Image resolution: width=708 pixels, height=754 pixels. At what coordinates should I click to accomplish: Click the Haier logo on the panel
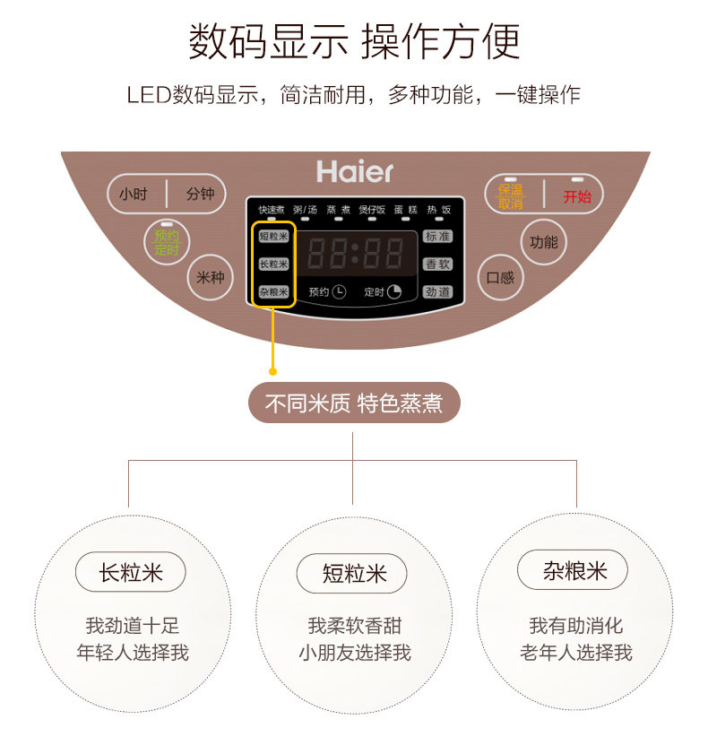pyautogui.click(x=354, y=171)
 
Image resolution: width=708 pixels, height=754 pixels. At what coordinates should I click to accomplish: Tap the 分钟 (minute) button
pyautogui.click(x=200, y=194)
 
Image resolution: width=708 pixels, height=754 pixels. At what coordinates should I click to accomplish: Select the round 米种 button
pyautogui.click(x=210, y=278)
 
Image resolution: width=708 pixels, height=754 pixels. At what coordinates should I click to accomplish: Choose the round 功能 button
pyautogui.click(x=543, y=242)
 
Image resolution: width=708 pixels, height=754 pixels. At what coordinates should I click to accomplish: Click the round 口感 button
pyautogui.click(x=500, y=278)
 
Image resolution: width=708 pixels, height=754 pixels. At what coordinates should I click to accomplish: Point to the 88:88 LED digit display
pyautogui.click(x=355, y=255)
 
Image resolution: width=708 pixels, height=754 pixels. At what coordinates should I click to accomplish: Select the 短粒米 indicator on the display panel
pyautogui.click(x=273, y=237)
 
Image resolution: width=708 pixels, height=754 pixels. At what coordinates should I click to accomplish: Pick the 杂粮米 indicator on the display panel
pyautogui.click(x=273, y=292)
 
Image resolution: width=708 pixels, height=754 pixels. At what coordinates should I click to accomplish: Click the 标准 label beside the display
pyautogui.click(x=437, y=237)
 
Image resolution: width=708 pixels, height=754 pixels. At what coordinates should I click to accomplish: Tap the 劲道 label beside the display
pyautogui.click(x=437, y=292)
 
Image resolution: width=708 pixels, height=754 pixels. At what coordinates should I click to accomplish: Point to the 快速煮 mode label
pyautogui.click(x=270, y=210)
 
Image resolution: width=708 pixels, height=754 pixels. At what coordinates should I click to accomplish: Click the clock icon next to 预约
pyautogui.click(x=340, y=291)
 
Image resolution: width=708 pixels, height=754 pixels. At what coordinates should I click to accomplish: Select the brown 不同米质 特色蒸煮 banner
pyautogui.click(x=353, y=403)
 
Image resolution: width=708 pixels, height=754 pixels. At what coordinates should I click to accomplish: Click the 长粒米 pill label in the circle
pyautogui.click(x=131, y=572)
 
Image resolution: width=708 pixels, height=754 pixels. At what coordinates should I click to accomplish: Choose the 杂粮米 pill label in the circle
pyautogui.click(x=574, y=570)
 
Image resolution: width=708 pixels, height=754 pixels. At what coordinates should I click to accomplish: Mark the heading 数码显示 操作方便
pyautogui.click(x=353, y=41)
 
